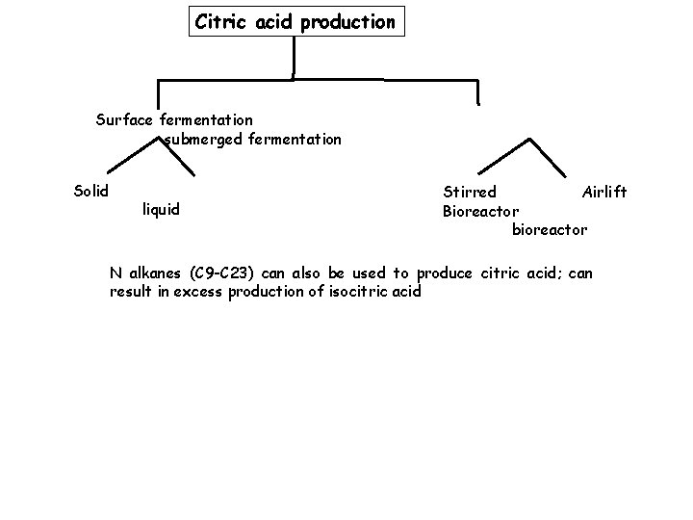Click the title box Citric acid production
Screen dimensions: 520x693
[295, 21]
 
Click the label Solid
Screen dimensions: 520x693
[91, 191]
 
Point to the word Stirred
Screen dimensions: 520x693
[470, 193]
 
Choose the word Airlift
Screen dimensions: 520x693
[604, 193]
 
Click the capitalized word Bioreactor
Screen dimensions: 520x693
[480, 211]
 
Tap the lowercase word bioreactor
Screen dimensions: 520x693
[549, 230]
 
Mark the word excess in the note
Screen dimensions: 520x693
[198, 292]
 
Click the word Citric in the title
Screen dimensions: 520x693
[219, 21]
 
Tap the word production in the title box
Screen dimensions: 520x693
[347, 21]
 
